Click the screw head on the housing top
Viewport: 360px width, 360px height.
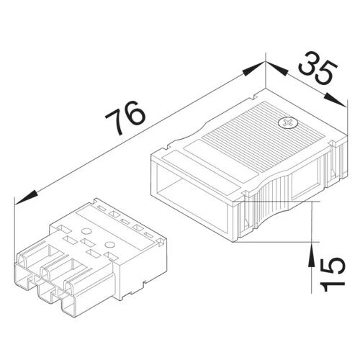pos(287,122)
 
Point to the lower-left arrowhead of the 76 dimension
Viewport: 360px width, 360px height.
pos(26,197)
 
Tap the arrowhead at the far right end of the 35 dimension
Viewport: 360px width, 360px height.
pos(336,99)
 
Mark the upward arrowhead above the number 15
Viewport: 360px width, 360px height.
pos(311,254)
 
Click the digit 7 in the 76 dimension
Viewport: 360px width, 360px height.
pos(116,122)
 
